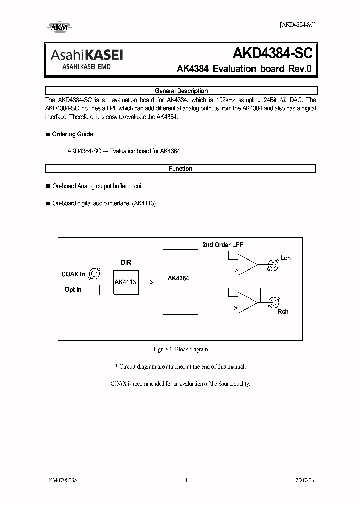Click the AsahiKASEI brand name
(x=85, y=55)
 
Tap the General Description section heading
(x=181, y=91)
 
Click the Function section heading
(x=181, y=169)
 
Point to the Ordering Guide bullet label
(x=72, y=134)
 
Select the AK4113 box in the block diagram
(x=125, y=282)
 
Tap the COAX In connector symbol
(x=95, y=274)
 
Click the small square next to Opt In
(x=94, y=290)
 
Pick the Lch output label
(x=285, y=258)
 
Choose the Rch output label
(x=283, y=311)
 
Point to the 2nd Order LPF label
(x=223, y=244)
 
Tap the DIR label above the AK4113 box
(x=126, y=262)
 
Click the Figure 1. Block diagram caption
(x=180, y=349)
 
